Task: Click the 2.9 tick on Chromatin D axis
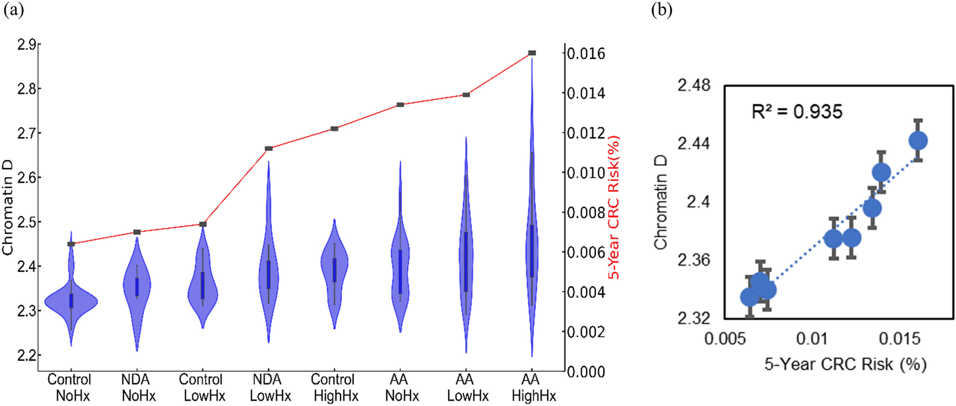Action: tap(26, 45)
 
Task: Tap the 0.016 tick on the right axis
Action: tap(586, 54)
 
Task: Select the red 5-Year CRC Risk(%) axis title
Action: tap(614, 208)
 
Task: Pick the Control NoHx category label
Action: tap(70, 388)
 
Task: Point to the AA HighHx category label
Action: tap(533, 388)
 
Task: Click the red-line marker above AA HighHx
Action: tap(532, 53)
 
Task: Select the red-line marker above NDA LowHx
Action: tap(268, 148)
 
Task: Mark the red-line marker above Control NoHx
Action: tap(71, 244)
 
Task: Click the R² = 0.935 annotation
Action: tap(797, 112)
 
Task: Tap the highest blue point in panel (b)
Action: tap(918, 141)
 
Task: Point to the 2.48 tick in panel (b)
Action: tap(694, 85)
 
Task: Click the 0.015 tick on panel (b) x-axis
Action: tap(899, 339)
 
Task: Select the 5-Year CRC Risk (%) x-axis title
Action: tap(845, 364)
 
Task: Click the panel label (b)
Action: tap(662, 10)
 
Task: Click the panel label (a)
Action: tap(14, 10)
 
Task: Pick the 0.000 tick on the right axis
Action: tap(586, 372)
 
